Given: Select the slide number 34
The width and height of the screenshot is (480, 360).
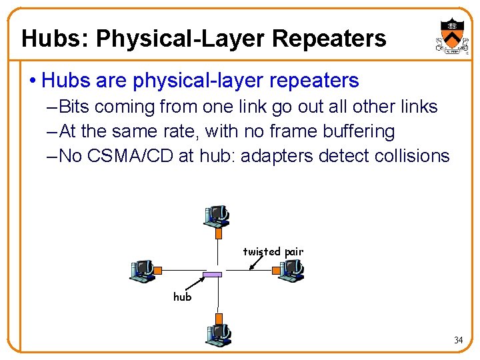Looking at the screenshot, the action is (x=458, y=340).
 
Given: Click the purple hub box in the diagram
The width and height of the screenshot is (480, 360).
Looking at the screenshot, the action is (x=212, y=275).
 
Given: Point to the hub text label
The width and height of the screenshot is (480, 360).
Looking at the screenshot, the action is (x=182, y=297).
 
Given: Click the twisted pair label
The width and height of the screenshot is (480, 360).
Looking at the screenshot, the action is (x=273, y=252).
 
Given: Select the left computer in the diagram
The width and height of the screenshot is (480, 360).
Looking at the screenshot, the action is (x=142, y=270).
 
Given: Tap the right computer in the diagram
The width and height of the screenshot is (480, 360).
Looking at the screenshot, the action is (x=291, y=270).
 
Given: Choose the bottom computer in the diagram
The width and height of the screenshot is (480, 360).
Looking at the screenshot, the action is (x=217, y=332).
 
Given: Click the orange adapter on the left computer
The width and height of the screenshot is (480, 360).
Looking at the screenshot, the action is (x=158, y=270).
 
